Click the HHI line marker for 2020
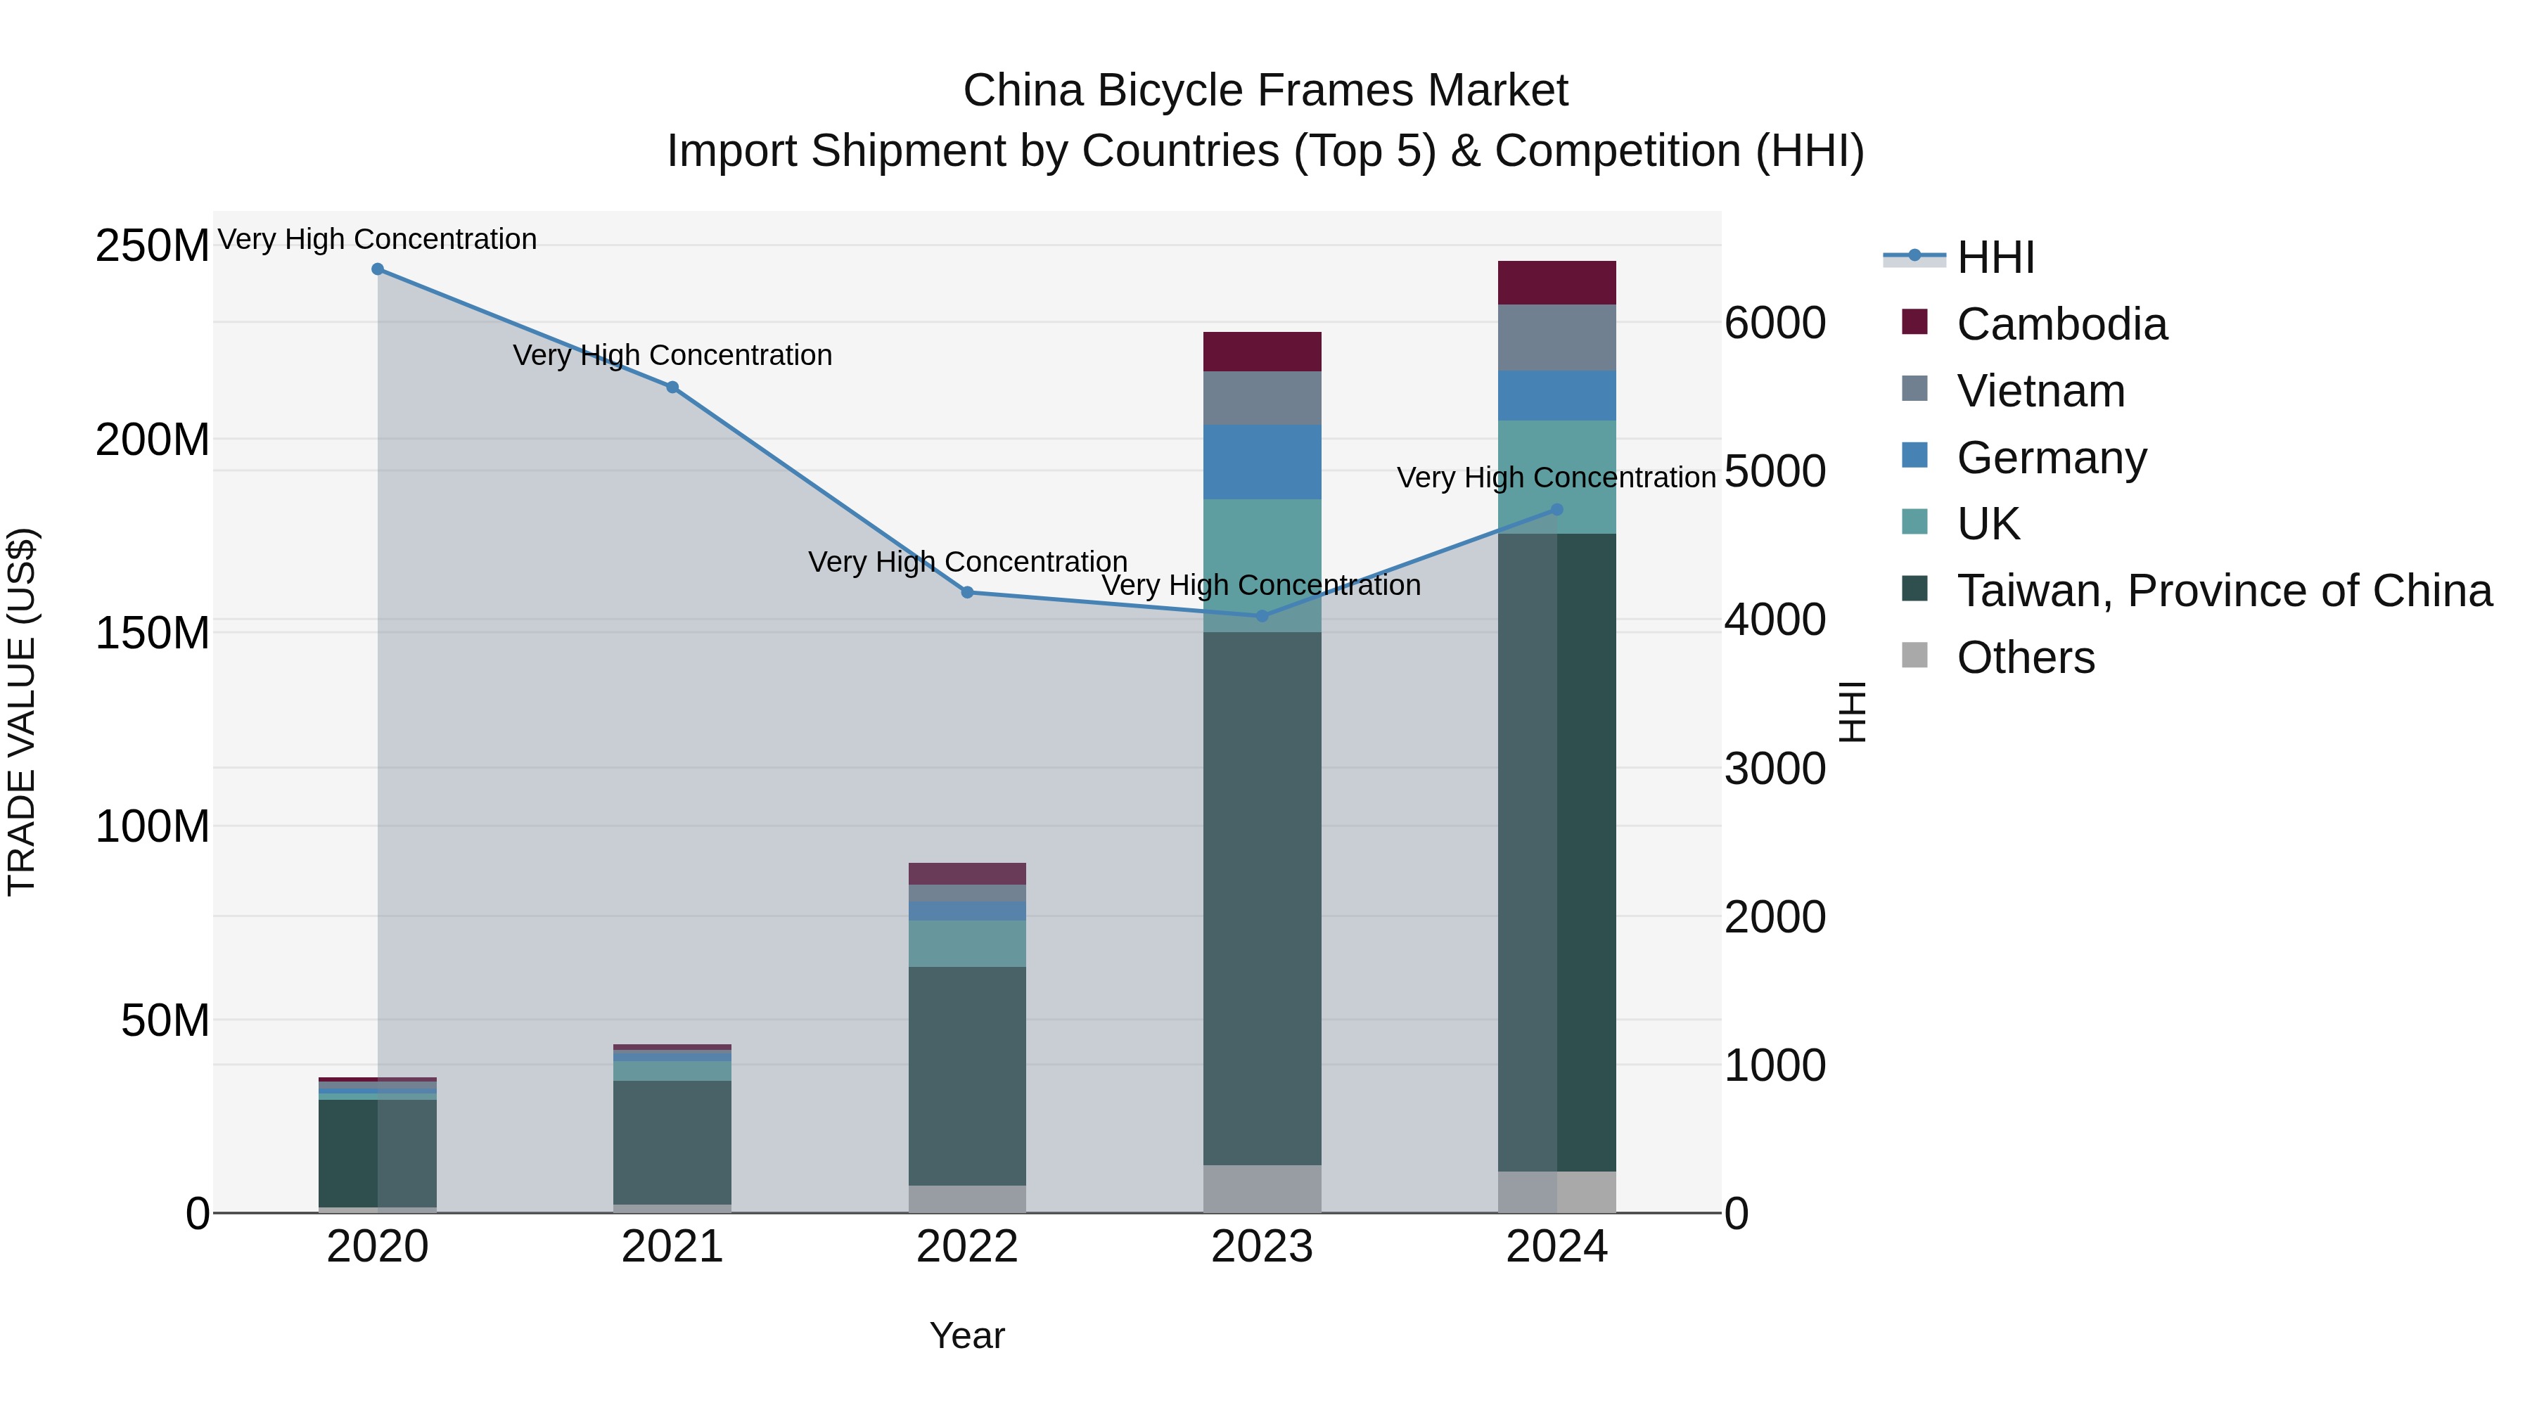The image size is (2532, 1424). coord(378,269)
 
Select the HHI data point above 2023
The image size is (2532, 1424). coord(1262,616)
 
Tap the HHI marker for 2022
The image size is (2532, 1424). coord(967,593)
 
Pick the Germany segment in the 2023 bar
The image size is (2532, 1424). coord(1262,462)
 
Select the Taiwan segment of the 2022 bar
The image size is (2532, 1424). coord(967,1076)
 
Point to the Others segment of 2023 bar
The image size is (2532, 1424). coord(1262,1189)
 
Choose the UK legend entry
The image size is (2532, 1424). coord(1988,524)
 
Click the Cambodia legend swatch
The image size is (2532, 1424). coord(1914,321)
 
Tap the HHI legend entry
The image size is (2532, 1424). coord(1995,257)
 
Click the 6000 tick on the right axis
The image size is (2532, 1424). coord(1775,323)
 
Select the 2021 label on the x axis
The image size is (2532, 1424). coord(672,1247)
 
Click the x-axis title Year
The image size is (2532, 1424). coord(967,1335)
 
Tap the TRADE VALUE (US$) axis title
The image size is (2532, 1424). coord(22,712)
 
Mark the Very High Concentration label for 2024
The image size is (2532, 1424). coord(1556,477)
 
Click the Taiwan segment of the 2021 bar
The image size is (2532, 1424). coord(672,1142)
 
